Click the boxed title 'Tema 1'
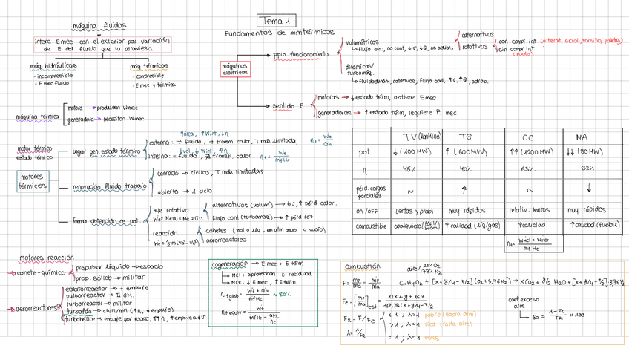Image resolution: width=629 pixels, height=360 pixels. click(x=277, y=20)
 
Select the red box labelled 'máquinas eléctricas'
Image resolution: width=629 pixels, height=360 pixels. click(x=234, y=69)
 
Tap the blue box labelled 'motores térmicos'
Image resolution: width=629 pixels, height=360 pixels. click(x=32, y=182)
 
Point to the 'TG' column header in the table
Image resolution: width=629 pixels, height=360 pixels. click(x=466, y=137)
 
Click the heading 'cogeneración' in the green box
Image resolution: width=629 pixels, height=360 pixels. click(x=228, y=264)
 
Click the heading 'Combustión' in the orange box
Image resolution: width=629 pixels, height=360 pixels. click(x=362, y=265)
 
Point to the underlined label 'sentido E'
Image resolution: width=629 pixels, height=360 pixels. click(x=289, y=106)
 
